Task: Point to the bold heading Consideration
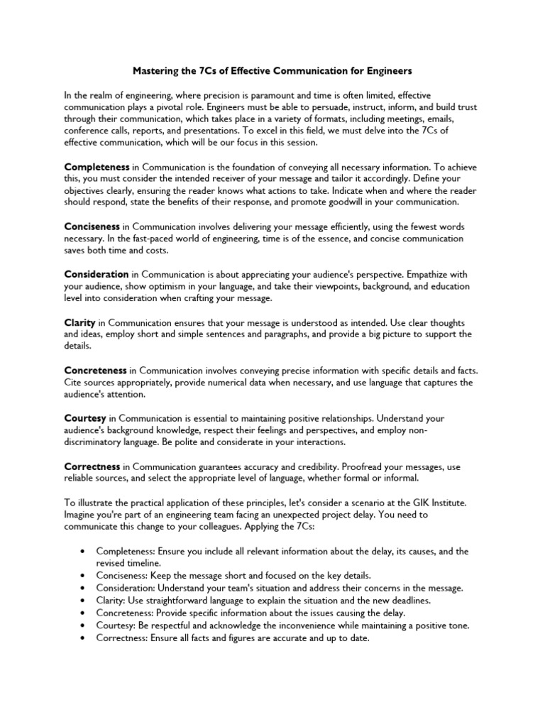tap(97, 273)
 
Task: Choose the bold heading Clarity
tap(79, 322)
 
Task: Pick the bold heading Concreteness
tap(96, 370)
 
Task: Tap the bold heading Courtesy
tap(86, 418)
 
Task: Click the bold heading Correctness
tap(92, 466)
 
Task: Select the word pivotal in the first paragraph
tap(182, 106)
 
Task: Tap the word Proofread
tap(345, 466)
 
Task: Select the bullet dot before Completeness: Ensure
tap(84, 552)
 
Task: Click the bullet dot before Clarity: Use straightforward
tap(84, 600)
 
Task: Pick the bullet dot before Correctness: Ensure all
tap(84, 638)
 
